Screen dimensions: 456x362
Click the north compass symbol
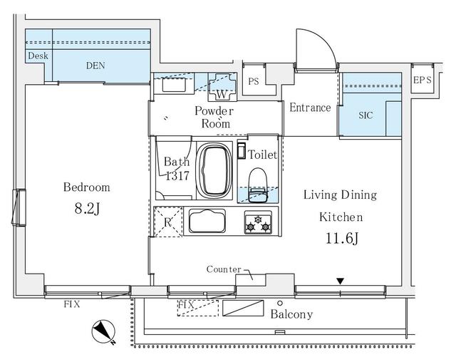(104, 332)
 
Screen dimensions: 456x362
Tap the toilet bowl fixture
(258, 185)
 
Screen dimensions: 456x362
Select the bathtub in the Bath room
(214, 170)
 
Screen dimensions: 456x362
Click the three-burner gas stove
(258, 222)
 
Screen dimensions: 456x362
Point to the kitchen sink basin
(207, 221)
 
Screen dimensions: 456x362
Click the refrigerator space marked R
(168, 222)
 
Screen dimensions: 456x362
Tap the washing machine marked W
(222, 87)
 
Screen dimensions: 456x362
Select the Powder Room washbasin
(174, 84)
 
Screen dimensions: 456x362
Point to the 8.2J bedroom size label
(87, 209)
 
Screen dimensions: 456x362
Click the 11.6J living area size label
(341, 239)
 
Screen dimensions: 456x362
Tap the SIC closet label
(366, 115)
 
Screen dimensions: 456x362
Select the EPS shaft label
(423, 80)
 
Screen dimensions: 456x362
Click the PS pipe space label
(254, 81)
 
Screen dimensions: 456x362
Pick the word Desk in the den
(38, 56)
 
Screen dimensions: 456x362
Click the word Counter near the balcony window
(224, 269)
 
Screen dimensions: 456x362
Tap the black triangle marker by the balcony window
(341, 281)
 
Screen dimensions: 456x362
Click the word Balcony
(291, 314)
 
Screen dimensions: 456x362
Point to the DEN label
(95, 66)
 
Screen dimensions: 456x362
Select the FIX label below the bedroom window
(72, 304)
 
